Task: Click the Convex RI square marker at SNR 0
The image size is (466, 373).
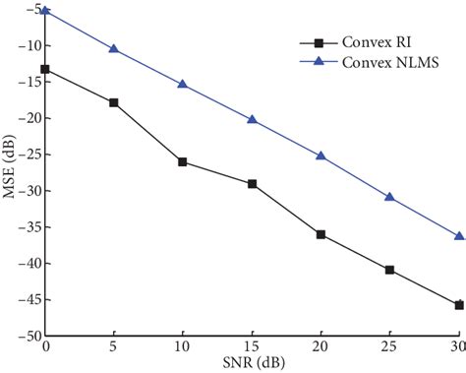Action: click(45, 70)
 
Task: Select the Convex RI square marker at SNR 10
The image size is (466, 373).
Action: click(183, 161)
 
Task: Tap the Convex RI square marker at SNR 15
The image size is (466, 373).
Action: click(252, 184)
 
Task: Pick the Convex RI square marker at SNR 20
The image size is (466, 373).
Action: click(320, 234)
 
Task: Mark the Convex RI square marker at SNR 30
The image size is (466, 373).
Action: click(458, 305)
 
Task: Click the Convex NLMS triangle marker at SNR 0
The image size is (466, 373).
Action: click(45, 11)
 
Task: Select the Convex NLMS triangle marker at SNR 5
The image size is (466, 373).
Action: click(114, 48)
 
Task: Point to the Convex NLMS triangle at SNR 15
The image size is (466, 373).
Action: click(252, 119)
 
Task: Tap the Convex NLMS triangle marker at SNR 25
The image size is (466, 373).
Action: click(389, 197)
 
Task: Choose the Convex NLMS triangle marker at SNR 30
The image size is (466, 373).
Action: click(458, 235)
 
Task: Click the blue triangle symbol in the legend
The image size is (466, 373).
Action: click(318, 62)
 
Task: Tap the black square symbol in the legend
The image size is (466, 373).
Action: click(318, 43)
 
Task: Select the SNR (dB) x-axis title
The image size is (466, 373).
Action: click(252, 364)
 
